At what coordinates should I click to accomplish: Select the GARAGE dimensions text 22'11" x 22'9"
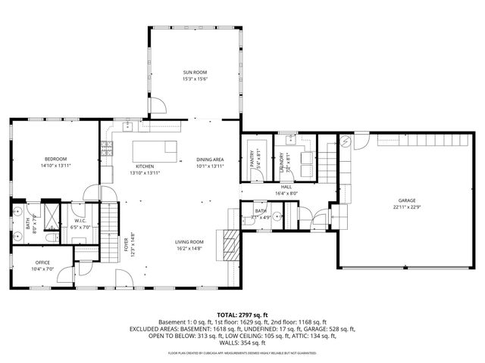coord(406,206)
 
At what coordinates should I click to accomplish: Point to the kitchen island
coord(155,149)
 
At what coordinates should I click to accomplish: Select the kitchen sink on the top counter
coord(130,123)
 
